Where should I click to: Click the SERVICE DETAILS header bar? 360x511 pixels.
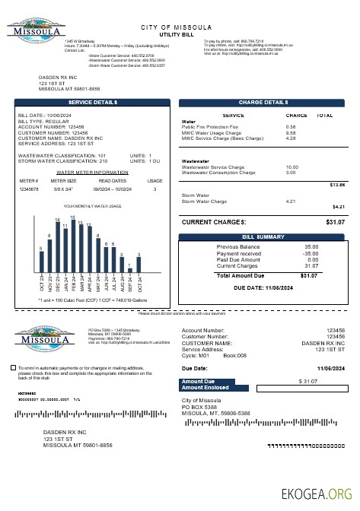92,102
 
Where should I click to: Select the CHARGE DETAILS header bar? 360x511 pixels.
263,102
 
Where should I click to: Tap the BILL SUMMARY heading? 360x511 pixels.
263,237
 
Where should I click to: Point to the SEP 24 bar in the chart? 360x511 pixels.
130,269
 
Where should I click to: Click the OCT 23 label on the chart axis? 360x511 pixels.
42,284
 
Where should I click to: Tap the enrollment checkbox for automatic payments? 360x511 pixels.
13,367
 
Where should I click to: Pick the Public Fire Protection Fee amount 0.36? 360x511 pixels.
291,127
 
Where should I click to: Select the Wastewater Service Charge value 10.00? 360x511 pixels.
292,167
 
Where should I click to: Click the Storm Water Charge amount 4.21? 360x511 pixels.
290,201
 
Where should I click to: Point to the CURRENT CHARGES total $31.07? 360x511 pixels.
335,222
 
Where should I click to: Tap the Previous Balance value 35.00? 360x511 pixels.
311,247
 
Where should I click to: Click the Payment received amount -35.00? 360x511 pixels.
311,253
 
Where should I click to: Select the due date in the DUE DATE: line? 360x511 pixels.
282,289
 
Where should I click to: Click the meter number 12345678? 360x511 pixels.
28,189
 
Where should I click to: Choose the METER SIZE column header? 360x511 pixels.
63,181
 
